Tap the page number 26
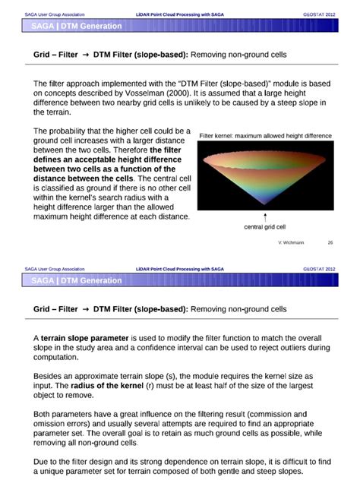330,243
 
